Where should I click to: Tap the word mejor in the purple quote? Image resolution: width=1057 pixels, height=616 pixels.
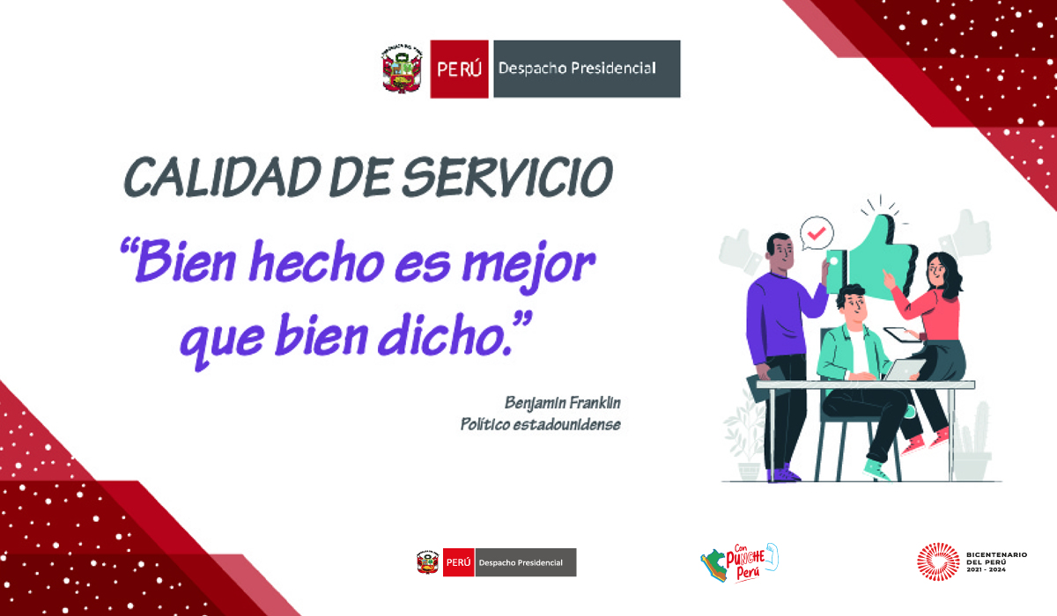pos(529,265)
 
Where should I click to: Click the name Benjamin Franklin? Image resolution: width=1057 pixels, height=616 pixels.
pos(563,403)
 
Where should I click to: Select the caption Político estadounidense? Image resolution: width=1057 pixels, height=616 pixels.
pos(541,424)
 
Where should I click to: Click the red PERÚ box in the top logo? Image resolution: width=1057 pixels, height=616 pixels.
pos(459,69)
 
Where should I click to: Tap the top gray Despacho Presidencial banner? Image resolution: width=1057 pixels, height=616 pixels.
pos(587,69)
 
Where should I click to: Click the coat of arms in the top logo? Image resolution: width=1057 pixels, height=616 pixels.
pos(402,69)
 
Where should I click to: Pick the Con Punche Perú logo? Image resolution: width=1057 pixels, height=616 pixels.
pos(739,562)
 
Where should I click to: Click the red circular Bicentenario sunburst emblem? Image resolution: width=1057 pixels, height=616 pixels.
pos(938,561)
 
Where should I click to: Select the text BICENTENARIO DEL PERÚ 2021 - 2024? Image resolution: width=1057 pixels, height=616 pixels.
pos(996,561)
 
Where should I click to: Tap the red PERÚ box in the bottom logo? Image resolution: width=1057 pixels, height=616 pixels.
pos(458,562)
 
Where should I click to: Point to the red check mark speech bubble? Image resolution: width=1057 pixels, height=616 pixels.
pos(817,233)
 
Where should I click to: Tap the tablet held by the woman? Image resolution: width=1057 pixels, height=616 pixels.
pos(901,335)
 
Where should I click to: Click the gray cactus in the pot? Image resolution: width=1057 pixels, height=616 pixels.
pos(973,441)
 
